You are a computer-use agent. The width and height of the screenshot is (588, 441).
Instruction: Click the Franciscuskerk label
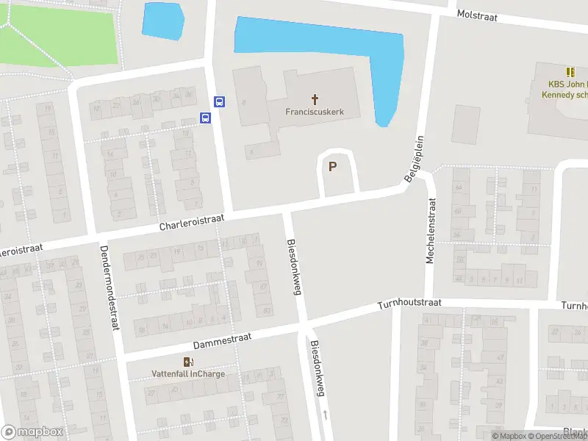click(x=315, y=112)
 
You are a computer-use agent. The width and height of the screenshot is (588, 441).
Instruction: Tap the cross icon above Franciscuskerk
click(x=315, y=99)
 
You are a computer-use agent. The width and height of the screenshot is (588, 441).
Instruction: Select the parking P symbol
click(x=332, y=167)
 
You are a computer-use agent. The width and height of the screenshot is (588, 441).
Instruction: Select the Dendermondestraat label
click(x=107, y=287)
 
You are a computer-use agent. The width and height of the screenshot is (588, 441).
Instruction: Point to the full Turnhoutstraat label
click(x=409, y=304)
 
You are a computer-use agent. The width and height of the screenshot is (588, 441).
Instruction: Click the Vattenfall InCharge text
click(x=188, y=373)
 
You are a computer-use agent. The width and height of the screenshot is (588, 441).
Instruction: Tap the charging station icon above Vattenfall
click(x=188, y=361)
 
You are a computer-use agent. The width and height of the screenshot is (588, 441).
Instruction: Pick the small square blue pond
click(x=162, y=21)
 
